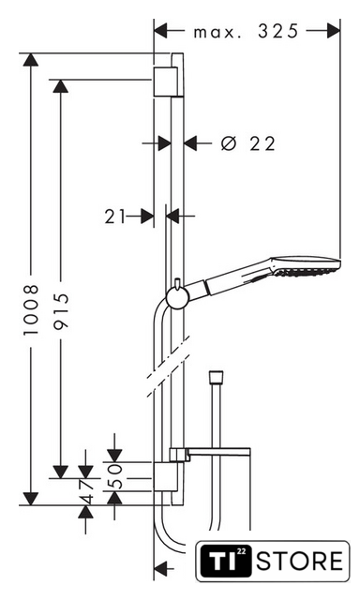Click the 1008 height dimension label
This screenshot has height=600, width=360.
(31, 309)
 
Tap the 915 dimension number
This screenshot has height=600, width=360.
(60, 310)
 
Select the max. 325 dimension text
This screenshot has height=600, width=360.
(246, 31)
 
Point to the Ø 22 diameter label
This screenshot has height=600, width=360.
(248, 143)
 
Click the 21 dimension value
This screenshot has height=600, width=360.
(115, 217)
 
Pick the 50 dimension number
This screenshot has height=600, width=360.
(114, 476)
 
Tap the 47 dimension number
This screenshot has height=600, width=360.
(85, 490)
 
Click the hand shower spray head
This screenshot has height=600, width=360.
(306, 265)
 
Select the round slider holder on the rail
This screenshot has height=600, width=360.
(177, 298)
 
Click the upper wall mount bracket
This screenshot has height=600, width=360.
(166, 82)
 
